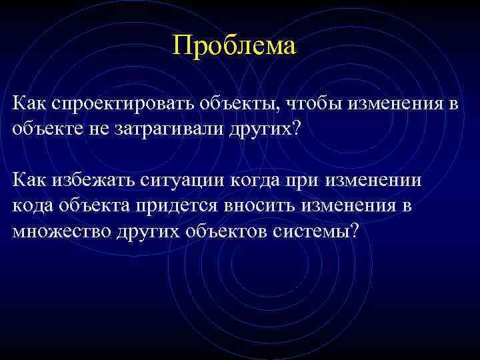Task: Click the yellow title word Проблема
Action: (233, 46)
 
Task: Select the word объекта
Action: (97, 205)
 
